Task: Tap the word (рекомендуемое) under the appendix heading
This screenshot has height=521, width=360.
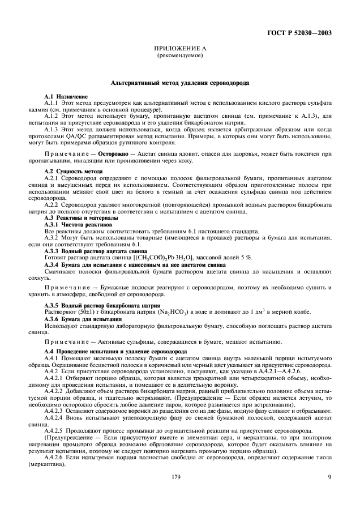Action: point(179,57)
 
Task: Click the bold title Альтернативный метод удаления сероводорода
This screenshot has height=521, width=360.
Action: point(179,83)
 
